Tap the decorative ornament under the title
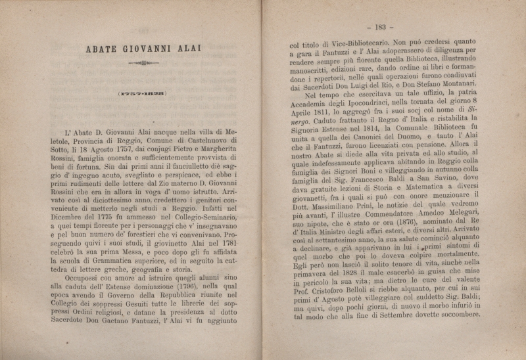pyautogui.click(x=144, y=64)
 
